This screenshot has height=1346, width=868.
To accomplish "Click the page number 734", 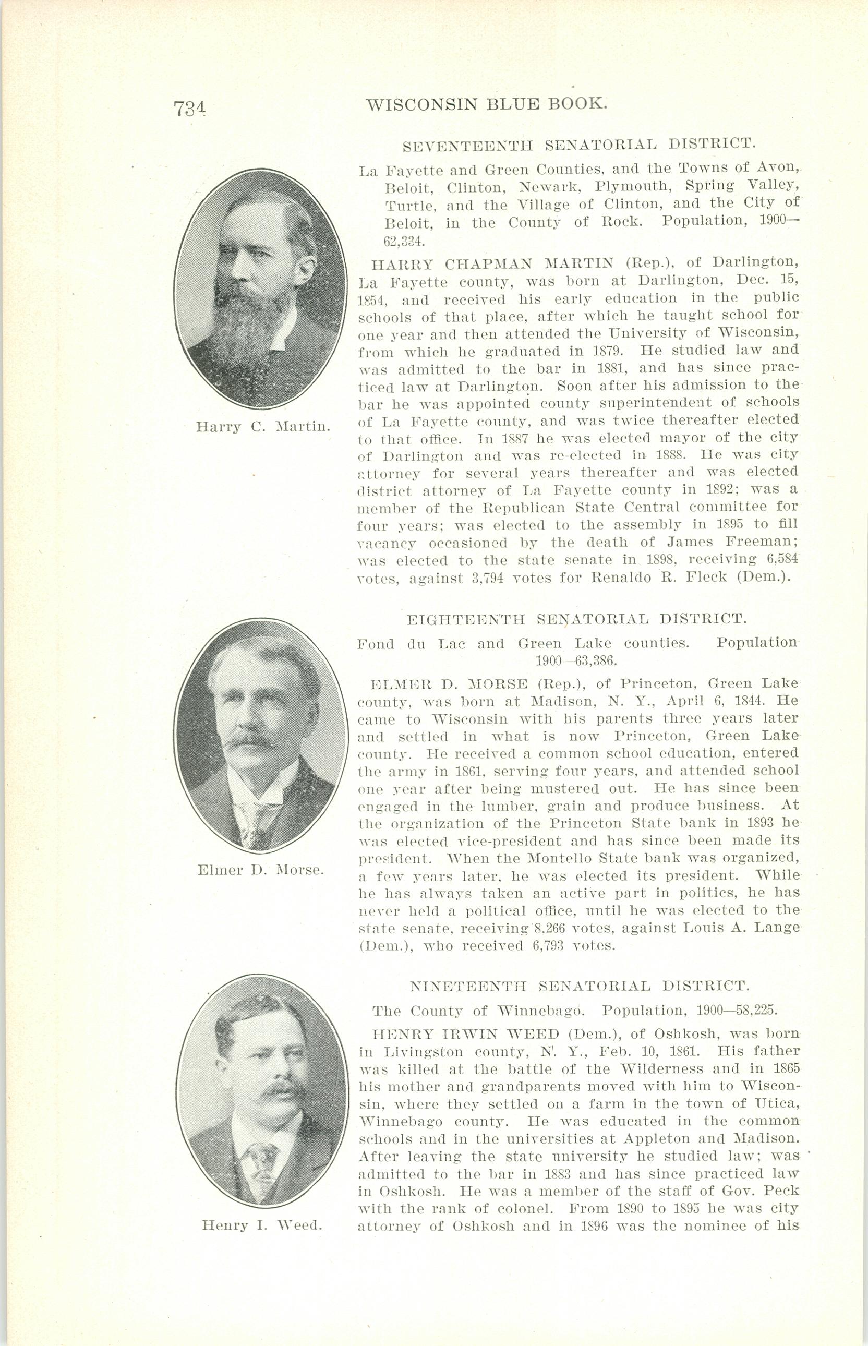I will coord(188,107).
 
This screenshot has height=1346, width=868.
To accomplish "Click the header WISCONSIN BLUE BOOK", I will coord(487,104).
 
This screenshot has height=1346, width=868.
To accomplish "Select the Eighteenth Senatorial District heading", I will coord(576,619).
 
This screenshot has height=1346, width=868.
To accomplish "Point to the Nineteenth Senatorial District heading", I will coord(579,987).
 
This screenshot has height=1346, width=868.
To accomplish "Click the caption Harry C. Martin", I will coord(263,426).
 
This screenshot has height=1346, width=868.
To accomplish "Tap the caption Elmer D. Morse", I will coord(260,885).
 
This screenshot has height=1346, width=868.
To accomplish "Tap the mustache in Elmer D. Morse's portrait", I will coord(248,740).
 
